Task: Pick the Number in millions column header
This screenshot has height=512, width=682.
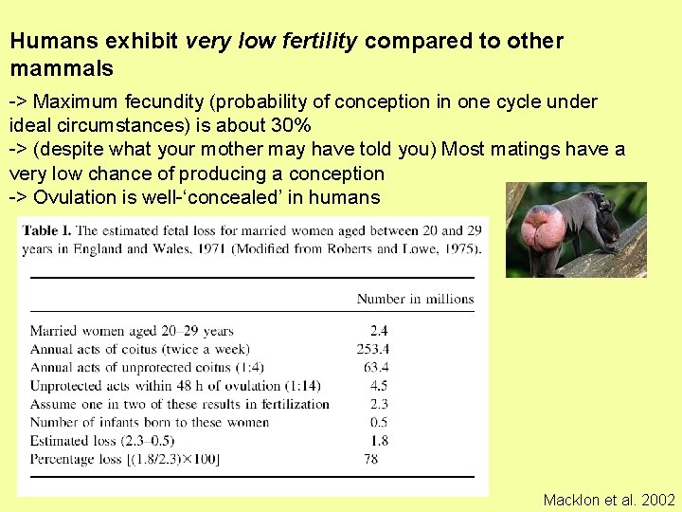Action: pyautogui.click(x=415, y=299)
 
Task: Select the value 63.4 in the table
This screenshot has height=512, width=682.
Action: pyautogui.click(x=375, y=368)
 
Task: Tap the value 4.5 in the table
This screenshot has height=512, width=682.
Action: pyautogui.click(x=379, y=386)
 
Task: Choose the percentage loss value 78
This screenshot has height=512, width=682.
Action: pyautogui.click(x=372, y=459)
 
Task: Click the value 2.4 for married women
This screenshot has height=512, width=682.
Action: pyautogui.click(x=379, y=331)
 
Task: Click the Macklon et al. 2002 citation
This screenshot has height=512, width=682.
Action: pyautogui.click(x=609, y=500)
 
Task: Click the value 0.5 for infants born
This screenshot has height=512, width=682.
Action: pyautogui.click(x=379, y=422)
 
